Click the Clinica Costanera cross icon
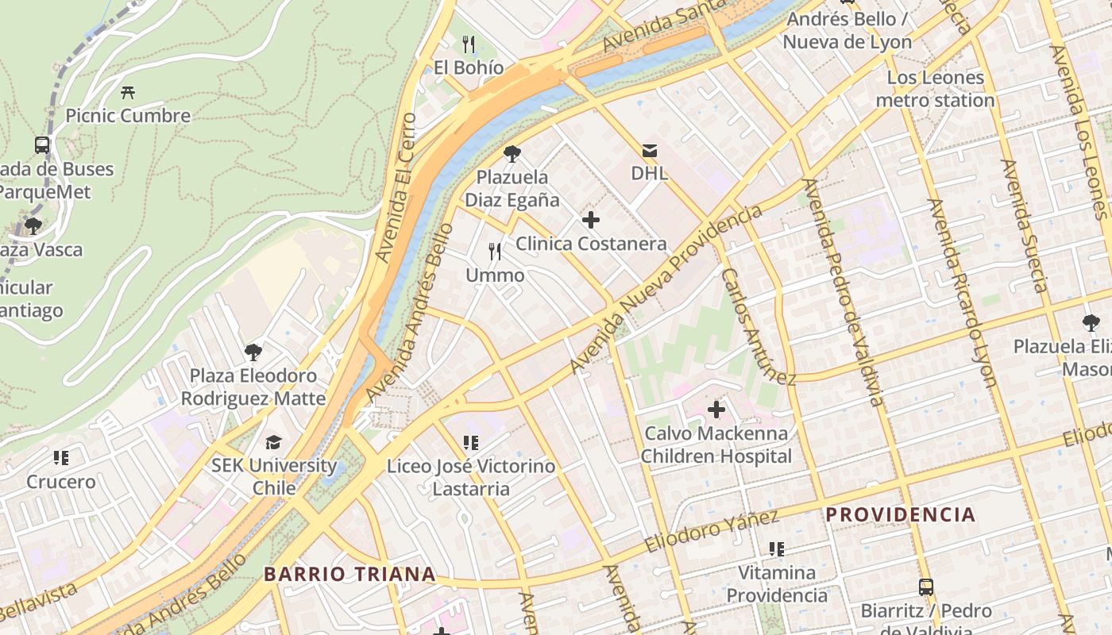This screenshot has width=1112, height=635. click(x=590, y=220)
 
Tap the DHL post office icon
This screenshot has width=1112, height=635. click(x=650, y=150)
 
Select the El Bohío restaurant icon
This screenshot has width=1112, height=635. click(x=469, y=44)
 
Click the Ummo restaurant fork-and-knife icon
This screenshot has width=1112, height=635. click(x=495, y=252)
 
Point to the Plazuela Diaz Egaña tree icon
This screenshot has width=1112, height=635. click(x=512, y=154)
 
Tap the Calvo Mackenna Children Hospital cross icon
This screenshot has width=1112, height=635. click(x=716, y=410)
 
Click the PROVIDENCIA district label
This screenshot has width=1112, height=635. click(x=900, y=514)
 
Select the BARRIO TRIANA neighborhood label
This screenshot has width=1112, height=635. click(x=349, y=574)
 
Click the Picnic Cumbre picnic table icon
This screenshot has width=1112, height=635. click(x=128, y=92)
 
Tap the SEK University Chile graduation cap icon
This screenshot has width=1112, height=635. click(x=273, y=442)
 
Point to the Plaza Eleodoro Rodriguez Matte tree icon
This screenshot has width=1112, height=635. click(x=253, y=352)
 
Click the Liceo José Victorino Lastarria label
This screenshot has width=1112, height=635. click(x=471, y=477)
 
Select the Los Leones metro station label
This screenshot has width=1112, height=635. click(x=935, y=89)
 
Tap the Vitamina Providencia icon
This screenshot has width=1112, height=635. click(x=777, y=549)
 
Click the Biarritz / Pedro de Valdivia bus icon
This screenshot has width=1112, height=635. click(x=926, y=587)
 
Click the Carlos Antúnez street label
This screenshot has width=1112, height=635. click(x=758, y=325)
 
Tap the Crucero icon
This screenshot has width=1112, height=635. click(x=61, y=458)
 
